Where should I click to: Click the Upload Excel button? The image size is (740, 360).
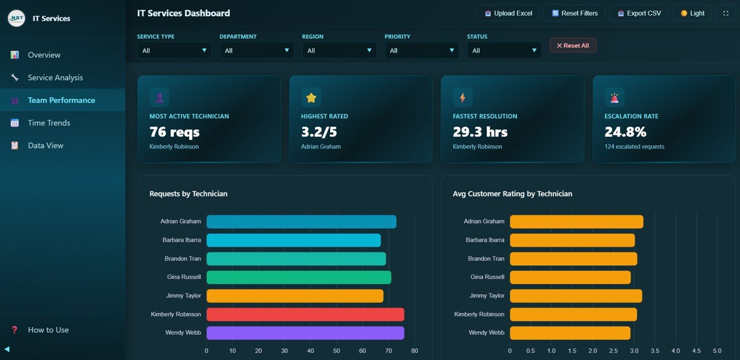point(508,13)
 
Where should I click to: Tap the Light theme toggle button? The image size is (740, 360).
point(692,13)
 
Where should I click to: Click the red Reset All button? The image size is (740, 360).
point(572,46)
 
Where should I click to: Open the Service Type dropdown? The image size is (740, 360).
point(174,50)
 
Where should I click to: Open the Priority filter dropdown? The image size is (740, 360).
point(421,50)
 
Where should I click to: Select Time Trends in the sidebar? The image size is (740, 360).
point(49,123)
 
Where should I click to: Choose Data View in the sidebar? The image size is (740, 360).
point(46,146)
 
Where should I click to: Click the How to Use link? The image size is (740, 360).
point(48,330)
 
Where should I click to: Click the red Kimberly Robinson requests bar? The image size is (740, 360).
point(305,314)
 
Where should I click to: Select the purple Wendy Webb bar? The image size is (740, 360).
point(305,333)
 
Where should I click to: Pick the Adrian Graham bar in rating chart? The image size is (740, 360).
point(576,221)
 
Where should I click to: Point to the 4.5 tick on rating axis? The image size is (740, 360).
point(696,351)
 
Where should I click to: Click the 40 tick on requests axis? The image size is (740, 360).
point(310,351)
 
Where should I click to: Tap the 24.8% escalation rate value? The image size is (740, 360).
point(625,132)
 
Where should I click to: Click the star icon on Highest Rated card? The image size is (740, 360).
point(311,98)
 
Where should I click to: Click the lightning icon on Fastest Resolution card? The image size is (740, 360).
point(462,98)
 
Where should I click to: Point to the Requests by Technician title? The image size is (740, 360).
point(188,194)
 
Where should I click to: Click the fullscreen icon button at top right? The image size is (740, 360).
point(726,13)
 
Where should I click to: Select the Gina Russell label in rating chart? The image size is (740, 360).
point(487,277)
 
